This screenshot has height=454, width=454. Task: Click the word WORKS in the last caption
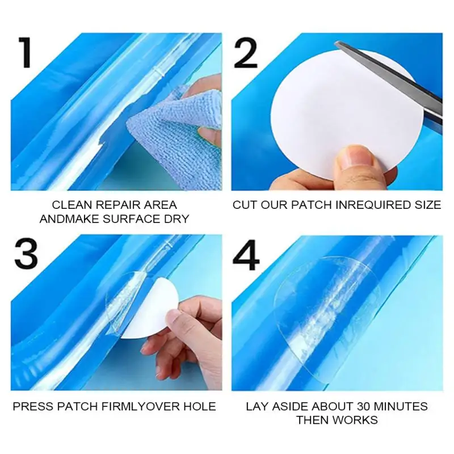(356, 421)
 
